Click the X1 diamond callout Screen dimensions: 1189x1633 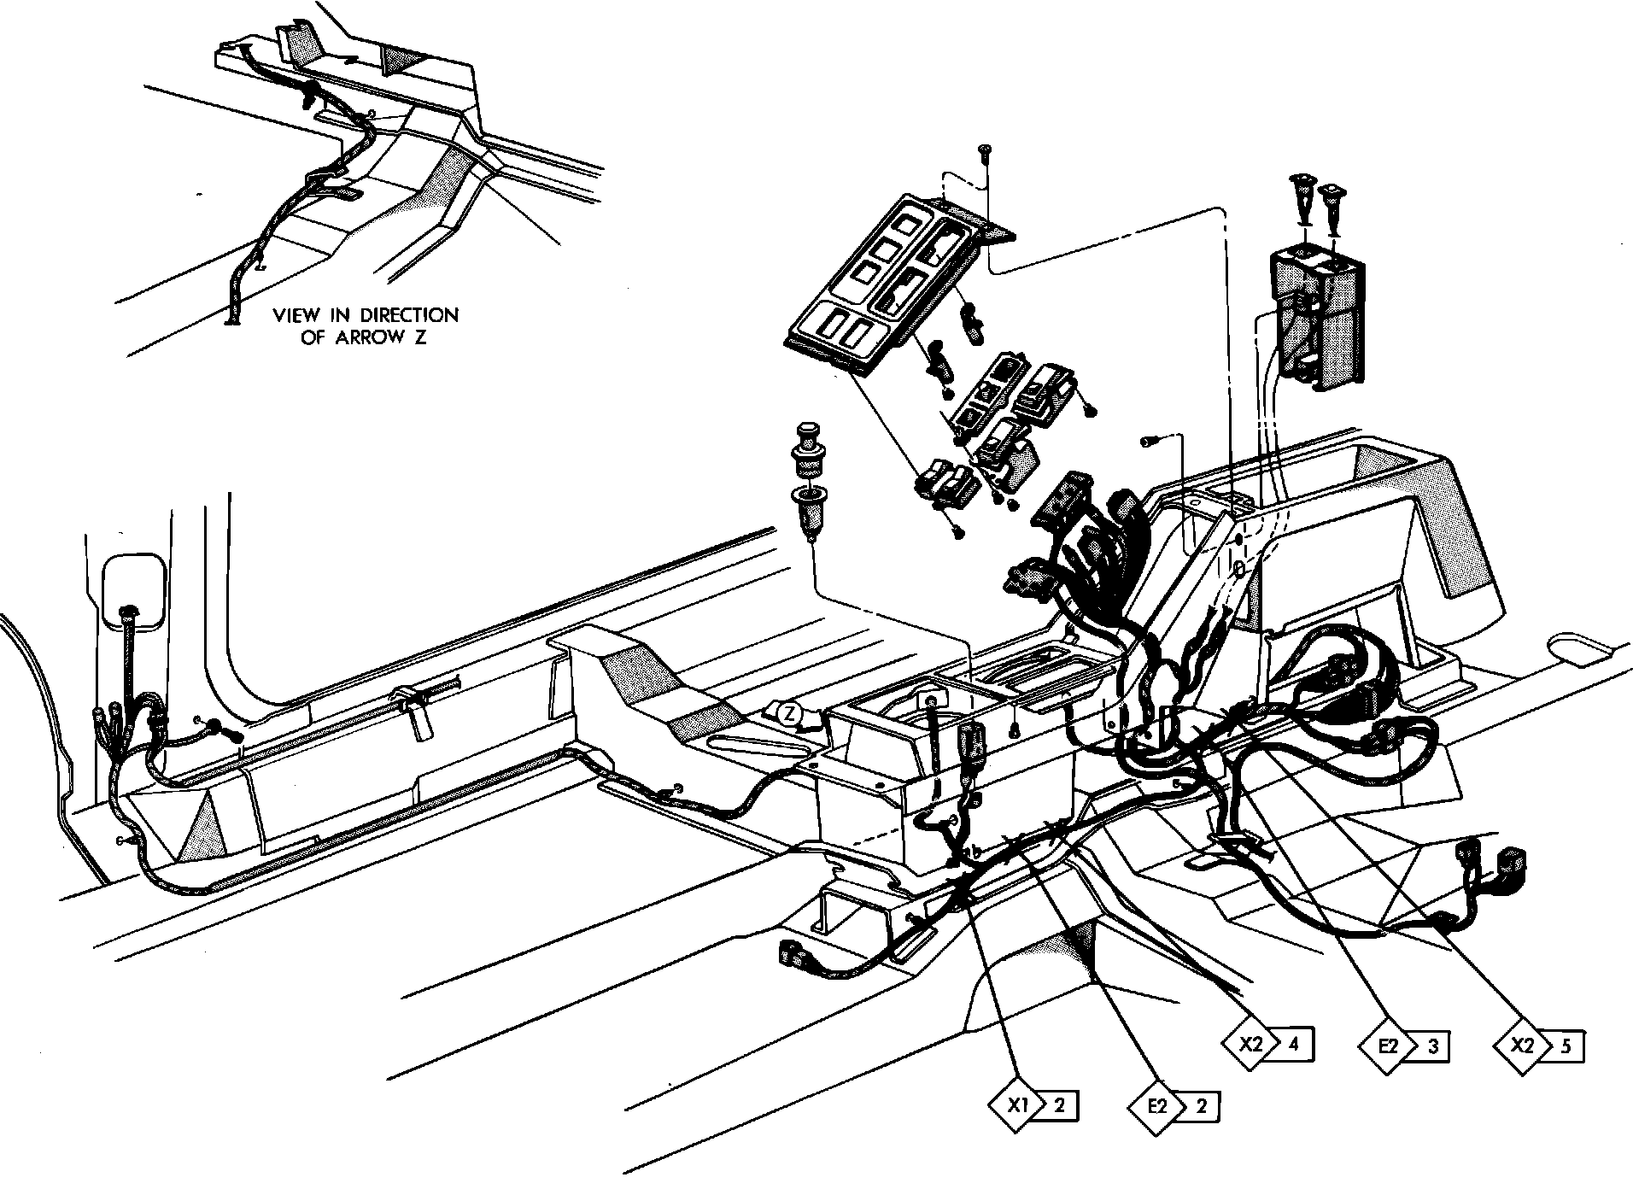coord(1016,1105)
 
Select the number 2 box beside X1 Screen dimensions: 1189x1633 coord(1059,1105)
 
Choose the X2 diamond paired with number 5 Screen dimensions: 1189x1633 coord(1523,1045)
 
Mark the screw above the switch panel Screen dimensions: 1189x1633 coord(985,153)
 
